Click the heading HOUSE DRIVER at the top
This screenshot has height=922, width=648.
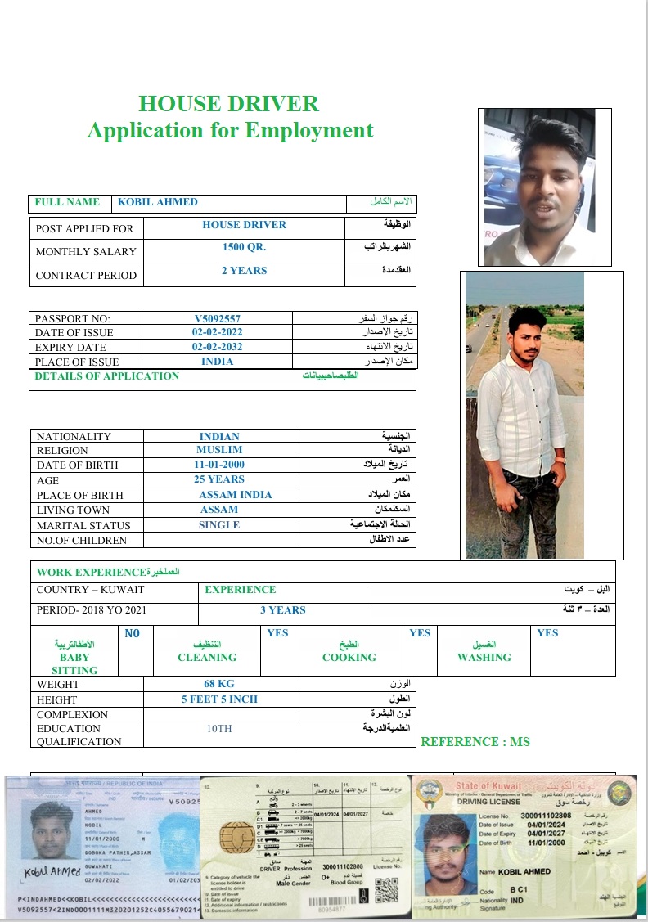(x=228, y=104)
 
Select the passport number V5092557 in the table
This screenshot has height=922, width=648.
(x=217, y=318)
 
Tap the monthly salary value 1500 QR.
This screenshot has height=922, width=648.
(x=244, y=247)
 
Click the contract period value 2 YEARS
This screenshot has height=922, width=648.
(x=244, y=271)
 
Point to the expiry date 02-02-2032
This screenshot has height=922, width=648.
(x=217, y=347)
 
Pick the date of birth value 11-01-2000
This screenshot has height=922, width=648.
(x=218, y=465)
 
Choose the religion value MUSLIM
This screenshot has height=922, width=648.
(x=219, y=450)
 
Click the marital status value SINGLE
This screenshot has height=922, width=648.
(x=219, y=525)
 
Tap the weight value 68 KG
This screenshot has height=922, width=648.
(x=219, y=684)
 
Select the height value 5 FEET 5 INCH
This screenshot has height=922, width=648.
(x=219, y=699)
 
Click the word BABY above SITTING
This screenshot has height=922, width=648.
(x=74, y=657)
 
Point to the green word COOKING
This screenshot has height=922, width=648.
(x=349, y=658)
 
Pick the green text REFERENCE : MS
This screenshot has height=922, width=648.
(x=475, y=742)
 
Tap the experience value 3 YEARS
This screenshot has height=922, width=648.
(x=282, y=610)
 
